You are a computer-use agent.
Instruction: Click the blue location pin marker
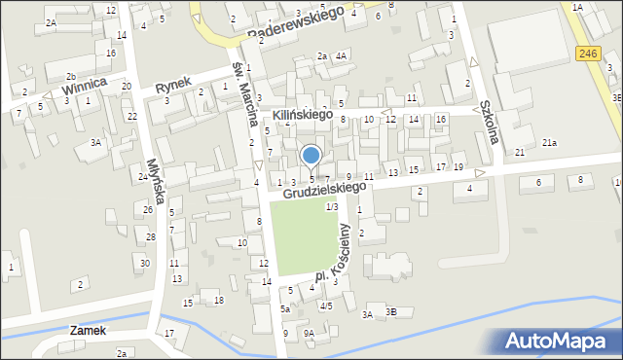click(311, 157)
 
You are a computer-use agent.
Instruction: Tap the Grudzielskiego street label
click(325, 190)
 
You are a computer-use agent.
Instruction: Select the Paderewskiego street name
click(297, 23)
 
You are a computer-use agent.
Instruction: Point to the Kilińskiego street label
click(303, 116)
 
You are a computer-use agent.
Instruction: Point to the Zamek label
click(89, 331)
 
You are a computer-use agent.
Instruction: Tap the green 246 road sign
click(586, 55)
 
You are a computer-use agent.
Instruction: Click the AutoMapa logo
click(559, 341)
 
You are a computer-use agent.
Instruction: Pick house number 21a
click(550, 143)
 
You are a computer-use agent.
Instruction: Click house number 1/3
click(331, 206)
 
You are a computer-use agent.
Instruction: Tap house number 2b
click(71, 76)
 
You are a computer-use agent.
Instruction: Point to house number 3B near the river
click(391, 312)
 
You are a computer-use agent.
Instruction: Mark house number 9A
click(309, 333)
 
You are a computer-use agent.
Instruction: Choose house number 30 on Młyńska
click(145, 263)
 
